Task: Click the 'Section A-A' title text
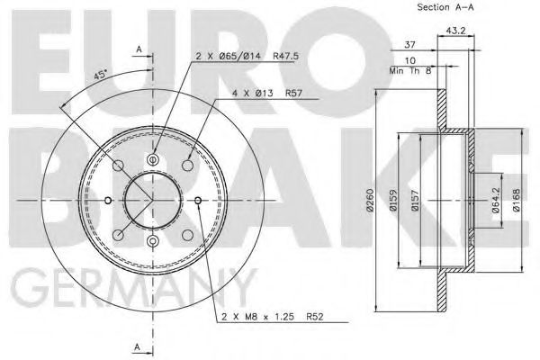point(446,8)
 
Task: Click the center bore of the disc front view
point(152,199)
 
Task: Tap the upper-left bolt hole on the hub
point(119,166)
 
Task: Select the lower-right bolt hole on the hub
point(185,233)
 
